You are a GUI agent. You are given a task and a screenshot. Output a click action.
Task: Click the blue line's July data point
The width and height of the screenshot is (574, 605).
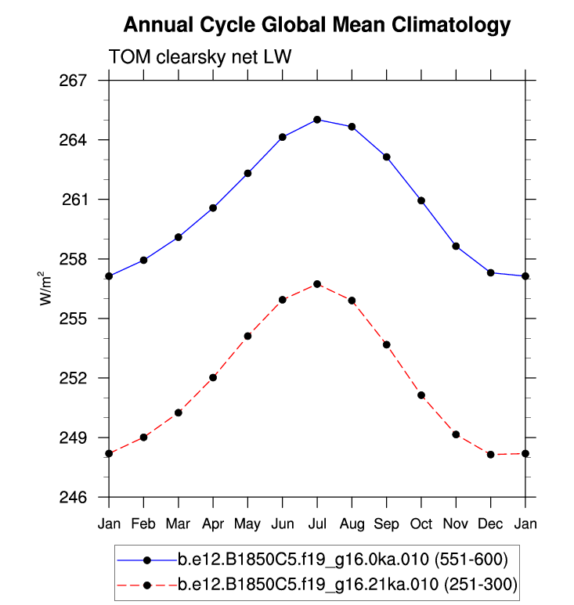click(317, 120)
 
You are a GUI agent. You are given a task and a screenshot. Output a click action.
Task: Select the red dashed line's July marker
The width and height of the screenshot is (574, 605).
click(317, 284)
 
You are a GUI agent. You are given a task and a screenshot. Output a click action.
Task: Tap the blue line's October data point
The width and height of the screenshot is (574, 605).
click(421, 200)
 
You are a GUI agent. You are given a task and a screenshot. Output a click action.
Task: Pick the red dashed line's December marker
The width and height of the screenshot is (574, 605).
click(491, 455)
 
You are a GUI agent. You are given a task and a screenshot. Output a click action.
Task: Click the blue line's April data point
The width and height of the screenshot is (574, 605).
click(213, 208)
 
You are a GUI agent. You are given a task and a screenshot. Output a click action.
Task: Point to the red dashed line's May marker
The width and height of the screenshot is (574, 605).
click(247, 336)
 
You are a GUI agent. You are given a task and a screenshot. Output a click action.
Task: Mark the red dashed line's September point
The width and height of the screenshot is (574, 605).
click(387, 344)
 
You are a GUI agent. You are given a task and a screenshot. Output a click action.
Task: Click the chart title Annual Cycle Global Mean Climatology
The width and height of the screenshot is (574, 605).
click(316, 25)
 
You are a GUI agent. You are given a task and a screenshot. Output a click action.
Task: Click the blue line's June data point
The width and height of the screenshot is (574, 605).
click(283, 137)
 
